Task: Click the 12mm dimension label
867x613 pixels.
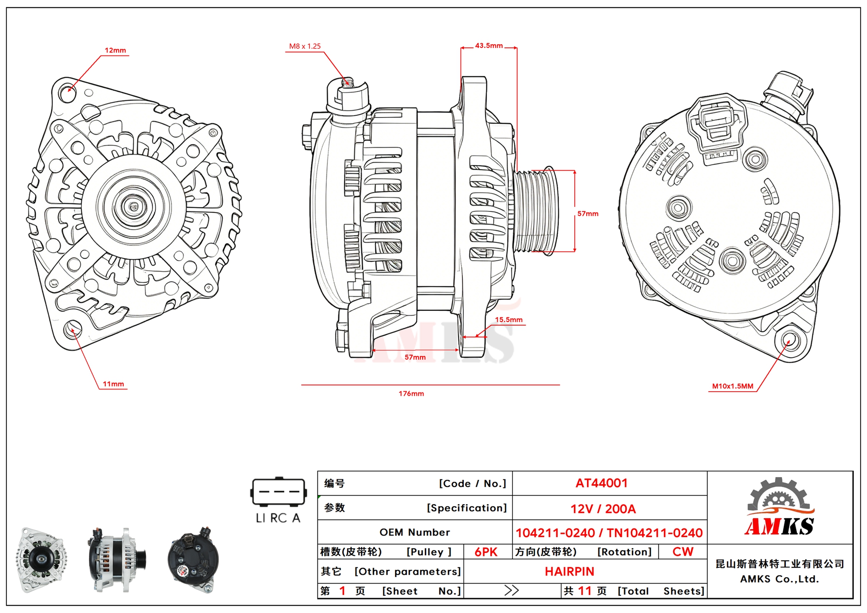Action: [115, 50]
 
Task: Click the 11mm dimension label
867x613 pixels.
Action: [113, 384]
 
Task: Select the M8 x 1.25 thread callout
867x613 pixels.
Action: [305, 46]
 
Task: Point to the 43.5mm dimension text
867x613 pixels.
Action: [489, 46]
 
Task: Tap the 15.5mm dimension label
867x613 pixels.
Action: [508, 320]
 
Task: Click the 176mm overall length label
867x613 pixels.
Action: [411, 393]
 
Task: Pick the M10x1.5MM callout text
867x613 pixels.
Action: [732, 386]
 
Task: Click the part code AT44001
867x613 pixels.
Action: [601, 483]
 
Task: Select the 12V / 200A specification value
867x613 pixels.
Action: [603, 509]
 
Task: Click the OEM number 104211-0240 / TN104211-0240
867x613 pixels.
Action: [609, 533]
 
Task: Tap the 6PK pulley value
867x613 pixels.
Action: [486, 552]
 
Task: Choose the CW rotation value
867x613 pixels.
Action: [682, 552]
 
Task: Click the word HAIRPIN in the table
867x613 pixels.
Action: [569, 572]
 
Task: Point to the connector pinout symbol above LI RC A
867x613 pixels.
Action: [279, 491]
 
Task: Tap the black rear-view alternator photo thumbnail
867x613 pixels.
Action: [193, 559]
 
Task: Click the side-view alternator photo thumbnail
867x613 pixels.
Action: [117, 559]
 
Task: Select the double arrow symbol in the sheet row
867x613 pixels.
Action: [511, 591]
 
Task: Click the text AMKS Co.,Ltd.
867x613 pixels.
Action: [779, 579]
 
